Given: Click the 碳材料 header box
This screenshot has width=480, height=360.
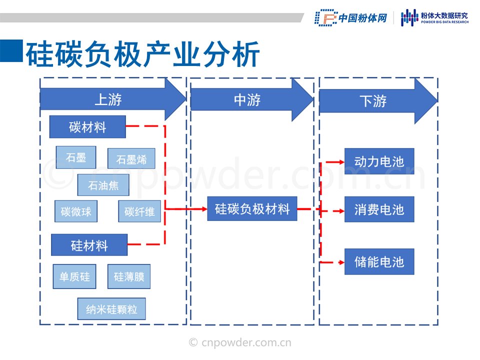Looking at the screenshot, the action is tap(87, 126).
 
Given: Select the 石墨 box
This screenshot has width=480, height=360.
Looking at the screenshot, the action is tap(76, 157).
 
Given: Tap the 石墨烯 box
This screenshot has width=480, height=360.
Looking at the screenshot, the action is tap(131, 158).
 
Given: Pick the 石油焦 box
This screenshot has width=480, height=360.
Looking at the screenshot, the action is tap(103, 185).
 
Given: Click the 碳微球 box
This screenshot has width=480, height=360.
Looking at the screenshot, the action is tap(76, 211).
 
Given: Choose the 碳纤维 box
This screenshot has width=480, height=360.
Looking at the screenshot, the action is tap(139, 211).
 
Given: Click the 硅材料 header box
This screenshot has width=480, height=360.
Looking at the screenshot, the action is tap(89, 245).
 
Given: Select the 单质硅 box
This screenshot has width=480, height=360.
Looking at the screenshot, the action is tap(74, 276).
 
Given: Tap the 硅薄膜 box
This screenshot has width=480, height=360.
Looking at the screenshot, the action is tap(129, 276).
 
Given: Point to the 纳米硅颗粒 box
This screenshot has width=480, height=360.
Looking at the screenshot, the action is tap(111, 309).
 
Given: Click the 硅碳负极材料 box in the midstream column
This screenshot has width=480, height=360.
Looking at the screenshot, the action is tap(252, 209).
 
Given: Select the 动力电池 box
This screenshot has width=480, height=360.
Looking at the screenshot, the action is tap(379, 161).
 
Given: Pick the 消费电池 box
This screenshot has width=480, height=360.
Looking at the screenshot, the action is tap(379, 209).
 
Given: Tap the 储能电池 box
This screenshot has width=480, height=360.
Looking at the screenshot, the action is tap(379, 261).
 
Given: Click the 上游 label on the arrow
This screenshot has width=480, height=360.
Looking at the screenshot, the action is tap(108, 99).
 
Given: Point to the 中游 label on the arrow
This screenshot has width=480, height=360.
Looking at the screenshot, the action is tap(247, 100).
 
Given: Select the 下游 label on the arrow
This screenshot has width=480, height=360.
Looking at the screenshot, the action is tap(373, 101).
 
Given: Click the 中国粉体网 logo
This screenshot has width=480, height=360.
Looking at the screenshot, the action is tap(351, 18).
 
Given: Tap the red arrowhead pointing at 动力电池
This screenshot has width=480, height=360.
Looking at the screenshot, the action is tap(341, 162).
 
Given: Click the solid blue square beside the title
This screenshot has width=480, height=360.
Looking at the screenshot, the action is tap(11, 51).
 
